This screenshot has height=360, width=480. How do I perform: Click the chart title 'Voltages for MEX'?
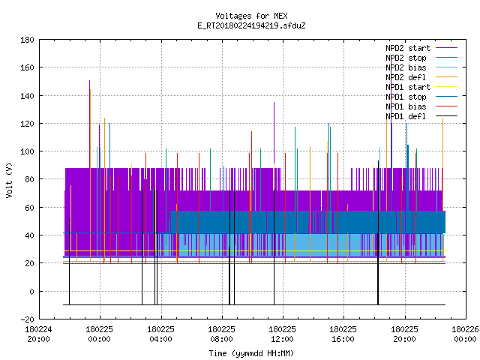(251, 16)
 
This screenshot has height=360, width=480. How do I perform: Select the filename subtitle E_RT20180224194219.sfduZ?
(251, 25)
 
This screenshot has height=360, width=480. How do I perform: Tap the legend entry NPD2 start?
(408, 48)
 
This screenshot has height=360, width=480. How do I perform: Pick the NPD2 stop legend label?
(406, 58)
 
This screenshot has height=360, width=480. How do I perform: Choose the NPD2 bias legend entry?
(406, 67)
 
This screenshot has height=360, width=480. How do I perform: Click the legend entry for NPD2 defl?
(406, 77)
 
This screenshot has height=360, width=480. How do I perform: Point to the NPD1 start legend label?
(408, 87)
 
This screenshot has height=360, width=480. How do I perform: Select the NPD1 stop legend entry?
(406, 97)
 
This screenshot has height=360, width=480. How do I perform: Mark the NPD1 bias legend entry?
(406, 106)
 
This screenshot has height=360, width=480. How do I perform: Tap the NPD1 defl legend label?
(406, 117)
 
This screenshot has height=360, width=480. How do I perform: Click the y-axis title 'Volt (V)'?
(9, 180)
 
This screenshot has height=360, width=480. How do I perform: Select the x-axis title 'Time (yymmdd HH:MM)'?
(251, 353)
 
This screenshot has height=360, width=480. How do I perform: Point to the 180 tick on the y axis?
(27, 40)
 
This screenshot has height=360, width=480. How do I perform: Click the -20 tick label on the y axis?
(27, 319)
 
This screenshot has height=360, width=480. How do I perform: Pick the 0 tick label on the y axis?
(31, 292)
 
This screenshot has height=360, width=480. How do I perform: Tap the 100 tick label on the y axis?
(27, 151)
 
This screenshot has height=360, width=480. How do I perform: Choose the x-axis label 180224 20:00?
(38, 334)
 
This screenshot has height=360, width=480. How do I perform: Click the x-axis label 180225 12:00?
(282, 334)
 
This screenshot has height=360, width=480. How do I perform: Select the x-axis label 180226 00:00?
(465, 334)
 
